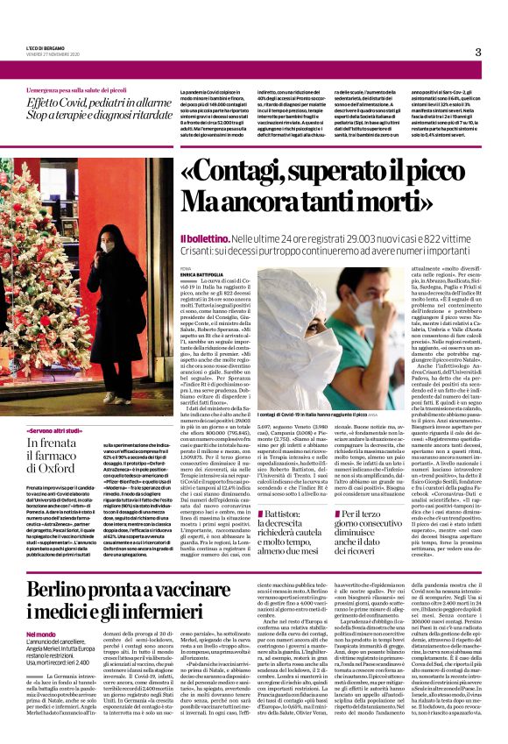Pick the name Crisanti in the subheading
201,250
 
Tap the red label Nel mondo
41,634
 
